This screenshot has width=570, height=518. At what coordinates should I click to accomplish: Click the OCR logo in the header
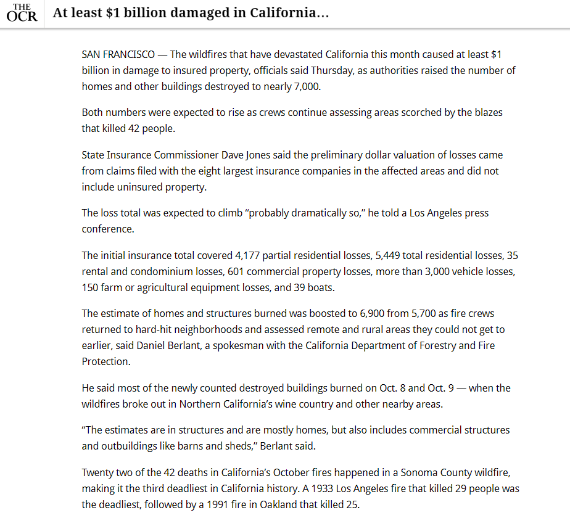(22, 13)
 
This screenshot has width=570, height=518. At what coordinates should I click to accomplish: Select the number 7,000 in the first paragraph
(306, 86)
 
